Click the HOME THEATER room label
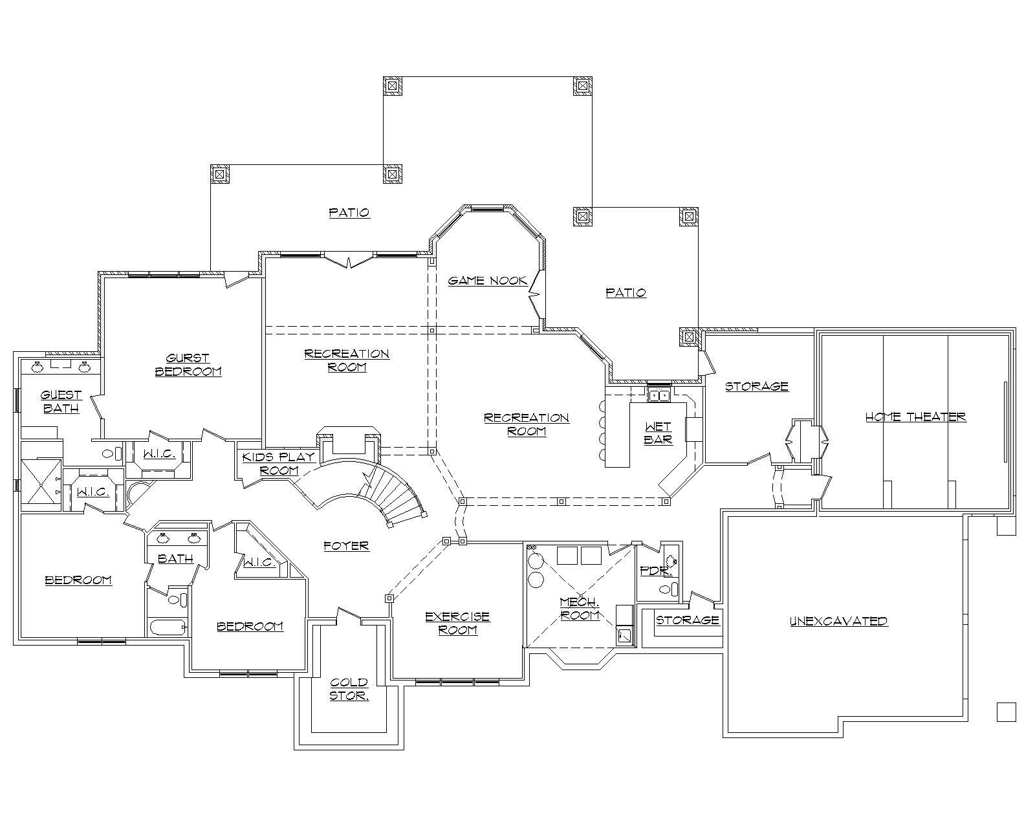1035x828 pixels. (915, 417)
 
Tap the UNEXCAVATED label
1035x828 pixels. (838, 621)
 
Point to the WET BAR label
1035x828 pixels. (658, 433)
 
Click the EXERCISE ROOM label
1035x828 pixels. (457, 623)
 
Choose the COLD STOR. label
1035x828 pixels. (349, 689)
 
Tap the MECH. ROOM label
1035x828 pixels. (580, 609)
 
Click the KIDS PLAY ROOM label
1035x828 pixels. (278, 464)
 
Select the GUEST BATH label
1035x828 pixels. (61, 401)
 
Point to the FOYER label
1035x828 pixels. (346, 546)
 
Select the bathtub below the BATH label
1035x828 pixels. (167, 627)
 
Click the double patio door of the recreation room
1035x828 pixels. (349, 261)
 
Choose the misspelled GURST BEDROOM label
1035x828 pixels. (188, 364)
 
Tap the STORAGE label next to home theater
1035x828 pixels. (756, 386)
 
